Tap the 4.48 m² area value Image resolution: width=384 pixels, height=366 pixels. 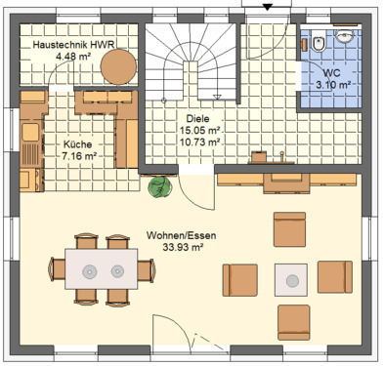click(72, 57)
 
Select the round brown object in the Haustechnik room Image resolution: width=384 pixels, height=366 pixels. click(119, 65)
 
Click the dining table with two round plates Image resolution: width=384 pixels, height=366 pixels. click(102, 269)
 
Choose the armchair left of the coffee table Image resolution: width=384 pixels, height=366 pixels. click(240, 280)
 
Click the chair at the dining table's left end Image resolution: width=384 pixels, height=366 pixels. click(53, 268)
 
